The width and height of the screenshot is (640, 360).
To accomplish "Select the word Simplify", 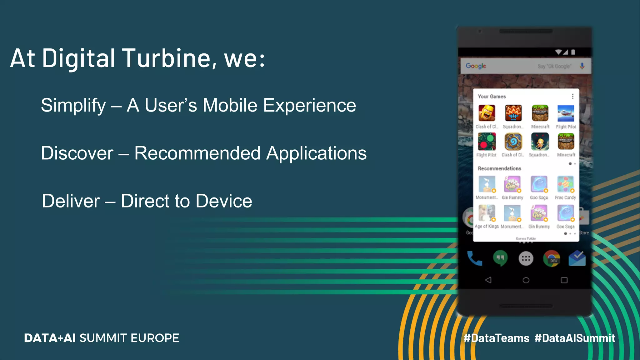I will [73, 106].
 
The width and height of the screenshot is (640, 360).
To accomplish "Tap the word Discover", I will [77, 153].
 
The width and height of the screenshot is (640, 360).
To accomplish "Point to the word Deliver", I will [71, 201].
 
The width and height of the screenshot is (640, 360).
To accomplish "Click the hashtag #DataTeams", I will [496, 338].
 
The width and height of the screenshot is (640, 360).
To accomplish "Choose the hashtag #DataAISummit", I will [575, 338].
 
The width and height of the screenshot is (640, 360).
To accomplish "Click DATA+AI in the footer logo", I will [50, 338].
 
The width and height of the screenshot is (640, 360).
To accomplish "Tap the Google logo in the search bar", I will [476, 66].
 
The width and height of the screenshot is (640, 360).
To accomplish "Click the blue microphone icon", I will [582, 66].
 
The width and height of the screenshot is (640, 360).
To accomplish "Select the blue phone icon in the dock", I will [474, 258].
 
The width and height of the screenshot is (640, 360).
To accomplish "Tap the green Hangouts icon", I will [500, 258].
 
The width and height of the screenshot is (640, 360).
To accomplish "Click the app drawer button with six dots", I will [526, 258].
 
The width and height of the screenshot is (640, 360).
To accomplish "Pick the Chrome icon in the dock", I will [552, 258].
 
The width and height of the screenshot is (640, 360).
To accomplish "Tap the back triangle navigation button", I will [488, 280].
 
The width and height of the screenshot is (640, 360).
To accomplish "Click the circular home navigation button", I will [526, 280].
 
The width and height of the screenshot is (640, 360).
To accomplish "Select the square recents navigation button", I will [564, 280].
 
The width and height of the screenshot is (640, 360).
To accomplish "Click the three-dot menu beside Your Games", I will [572, 97].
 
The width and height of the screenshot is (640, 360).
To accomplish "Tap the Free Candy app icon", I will [565, 184].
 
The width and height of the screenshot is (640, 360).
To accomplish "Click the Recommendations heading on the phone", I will [499, 168].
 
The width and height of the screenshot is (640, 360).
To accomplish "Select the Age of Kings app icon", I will [487, 213].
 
